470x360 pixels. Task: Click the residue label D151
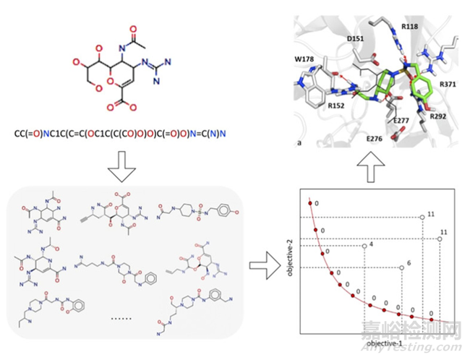click(x=356, y=38)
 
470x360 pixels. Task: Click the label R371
click(x=448, y=85)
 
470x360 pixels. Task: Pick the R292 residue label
click(x=437, y=115)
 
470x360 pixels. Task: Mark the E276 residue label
click(x=375, y=137)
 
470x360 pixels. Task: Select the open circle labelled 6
click(x=401, y=268)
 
